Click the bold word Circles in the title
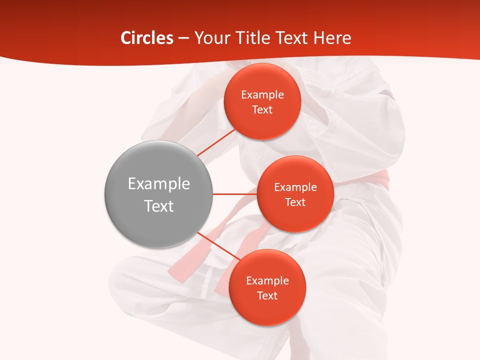point(147,38)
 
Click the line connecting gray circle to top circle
point(216,142)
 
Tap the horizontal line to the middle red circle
point(234,194)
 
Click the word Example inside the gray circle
point(159,184)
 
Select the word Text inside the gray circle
point(159,206)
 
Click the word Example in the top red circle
point(262,95)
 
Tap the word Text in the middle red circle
point(295,202)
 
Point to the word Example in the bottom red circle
point(267,281)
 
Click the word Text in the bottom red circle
point(267,295)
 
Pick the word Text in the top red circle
point(262,109)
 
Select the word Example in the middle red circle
point(295,187)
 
